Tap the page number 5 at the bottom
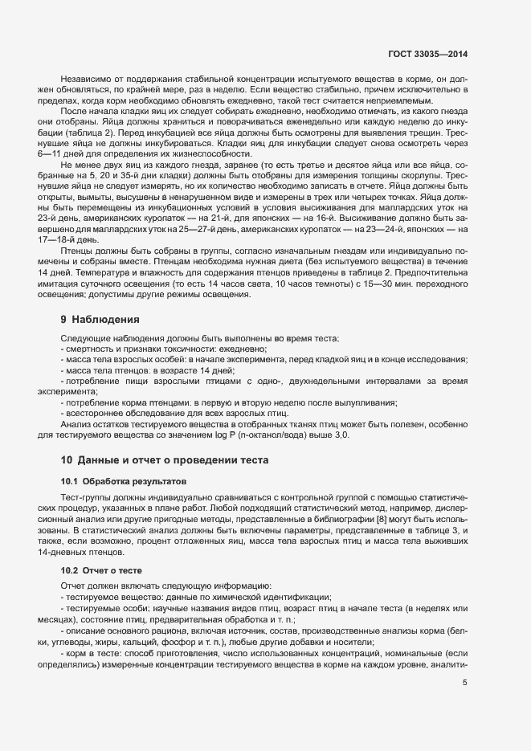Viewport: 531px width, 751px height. point(465,683)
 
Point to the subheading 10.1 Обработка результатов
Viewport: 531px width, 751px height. point(122,481)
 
